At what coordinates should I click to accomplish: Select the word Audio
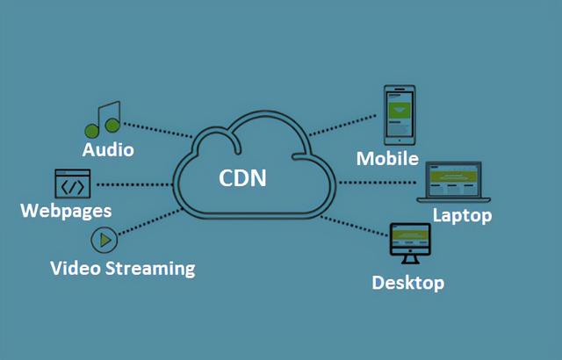pos(108,149)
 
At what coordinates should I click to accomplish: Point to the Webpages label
pos(66,211)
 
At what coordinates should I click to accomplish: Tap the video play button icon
pos(104,239)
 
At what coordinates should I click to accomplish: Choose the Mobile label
pos(387,158)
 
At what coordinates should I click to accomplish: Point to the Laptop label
pos(462,215)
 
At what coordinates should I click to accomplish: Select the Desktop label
pos(407,283)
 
